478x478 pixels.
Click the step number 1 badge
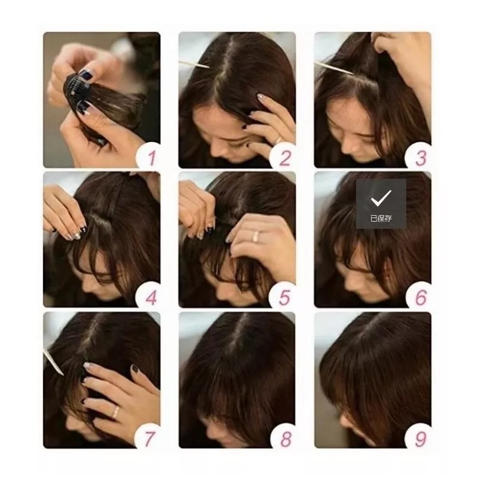click(151, 157)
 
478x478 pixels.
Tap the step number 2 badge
click(285, 157)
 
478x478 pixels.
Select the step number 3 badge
click(421, 157)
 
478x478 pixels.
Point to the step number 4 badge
click(151, 297)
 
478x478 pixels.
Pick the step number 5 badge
click(285, 297)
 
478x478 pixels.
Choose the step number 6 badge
click(421, 297)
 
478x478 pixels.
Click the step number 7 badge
click(151, 437)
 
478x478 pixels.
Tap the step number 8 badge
click(285, 437)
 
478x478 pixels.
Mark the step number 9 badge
click(421, 437)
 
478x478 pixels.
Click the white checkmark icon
click(381, 197)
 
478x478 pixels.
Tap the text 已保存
click(381, 219)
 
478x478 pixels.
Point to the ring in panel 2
click(278, 140)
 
